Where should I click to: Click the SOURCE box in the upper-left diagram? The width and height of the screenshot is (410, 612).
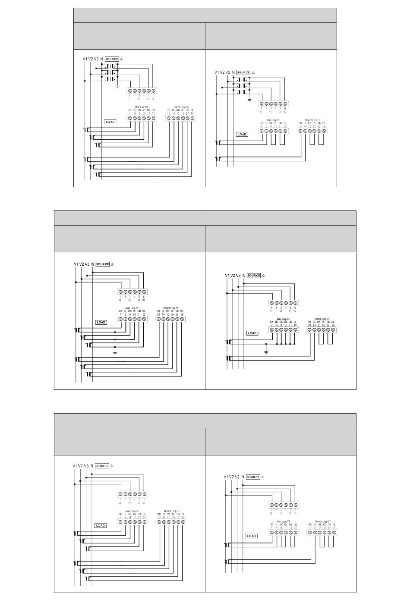click(x=112, y=59)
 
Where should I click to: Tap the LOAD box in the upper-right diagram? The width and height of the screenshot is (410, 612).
click(x=242, y=134)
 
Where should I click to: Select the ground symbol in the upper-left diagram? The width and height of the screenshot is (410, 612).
click(x=117, y=86)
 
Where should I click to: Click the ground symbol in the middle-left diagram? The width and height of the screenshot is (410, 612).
click(x=115, y=352)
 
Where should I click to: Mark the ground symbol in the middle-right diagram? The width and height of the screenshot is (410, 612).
click(x=266, y=352)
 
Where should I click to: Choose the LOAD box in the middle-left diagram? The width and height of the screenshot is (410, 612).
click(x=101, y=322)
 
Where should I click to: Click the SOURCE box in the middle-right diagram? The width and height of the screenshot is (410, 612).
click(x=254, y=276)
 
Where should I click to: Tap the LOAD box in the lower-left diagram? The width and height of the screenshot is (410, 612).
click(x=101, y=525)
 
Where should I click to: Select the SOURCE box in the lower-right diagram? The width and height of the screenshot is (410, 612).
click(x=253, y=477)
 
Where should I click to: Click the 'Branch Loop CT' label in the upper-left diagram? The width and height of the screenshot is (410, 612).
click(x=181, y=107)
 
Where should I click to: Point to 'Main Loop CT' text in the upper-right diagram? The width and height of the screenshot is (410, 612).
click(x=273, y=120)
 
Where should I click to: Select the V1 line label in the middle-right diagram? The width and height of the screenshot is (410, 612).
click(x=227, y=276)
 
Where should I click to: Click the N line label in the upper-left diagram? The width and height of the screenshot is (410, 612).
click(x=101, y=59)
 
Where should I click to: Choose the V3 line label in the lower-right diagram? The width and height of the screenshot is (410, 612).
click(x=237, y=477)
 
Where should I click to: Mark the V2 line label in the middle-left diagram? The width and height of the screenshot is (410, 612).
click(x=82, y=264)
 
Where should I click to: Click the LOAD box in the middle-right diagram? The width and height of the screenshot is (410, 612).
click(x=252, y=333)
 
